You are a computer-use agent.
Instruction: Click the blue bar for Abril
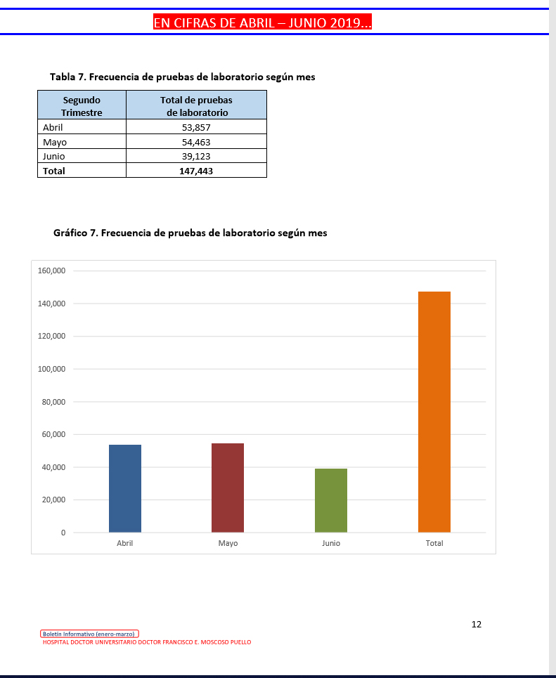pyautogui.click(x=125, y=488)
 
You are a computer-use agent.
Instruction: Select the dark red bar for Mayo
pyautogui.click(x=228, y=488)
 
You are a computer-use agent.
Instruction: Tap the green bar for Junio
pyautogui.click(x=331, y=500)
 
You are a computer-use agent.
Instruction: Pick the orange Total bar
pyautogui.click(x=434, y=412)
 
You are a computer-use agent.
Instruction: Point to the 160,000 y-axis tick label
pyautogui.click(x=51, y=271)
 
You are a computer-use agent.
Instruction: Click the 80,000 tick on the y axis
pyautogui.click(x=53, y=402)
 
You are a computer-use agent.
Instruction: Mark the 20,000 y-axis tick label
pyautogui.click(x=53, y=500)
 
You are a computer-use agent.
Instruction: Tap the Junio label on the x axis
pyautogui.click(x=331, y=544)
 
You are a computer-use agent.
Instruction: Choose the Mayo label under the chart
pyautogui.click(x=228, y=544)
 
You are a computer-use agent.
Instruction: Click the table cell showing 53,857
pyautogui.click(x=196, y=127)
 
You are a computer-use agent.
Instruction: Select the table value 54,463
pyautogui.click(x=196, y=142)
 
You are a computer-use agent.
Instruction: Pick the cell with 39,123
pyautogui.click(x=196, y=156)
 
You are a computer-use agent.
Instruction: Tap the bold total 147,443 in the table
pyautogui.click(x=196, y=171)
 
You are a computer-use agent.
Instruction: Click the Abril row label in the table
pyautogui.click(x=53, y=127)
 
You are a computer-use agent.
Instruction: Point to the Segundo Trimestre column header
pyautogui.click(x=82, y=106)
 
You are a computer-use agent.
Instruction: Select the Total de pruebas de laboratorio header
pyautogui.click(x=196, y=106)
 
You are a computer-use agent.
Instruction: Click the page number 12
pyautogui.click(x=477, y=624)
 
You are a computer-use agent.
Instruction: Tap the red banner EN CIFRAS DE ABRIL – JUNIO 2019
pyautogui.click(x=262, y=22)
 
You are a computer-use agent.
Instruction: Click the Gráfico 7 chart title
pyautogui.click(x=190, y=233)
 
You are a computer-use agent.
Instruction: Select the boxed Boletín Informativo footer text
pyautogui.click(x=90, y=634)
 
